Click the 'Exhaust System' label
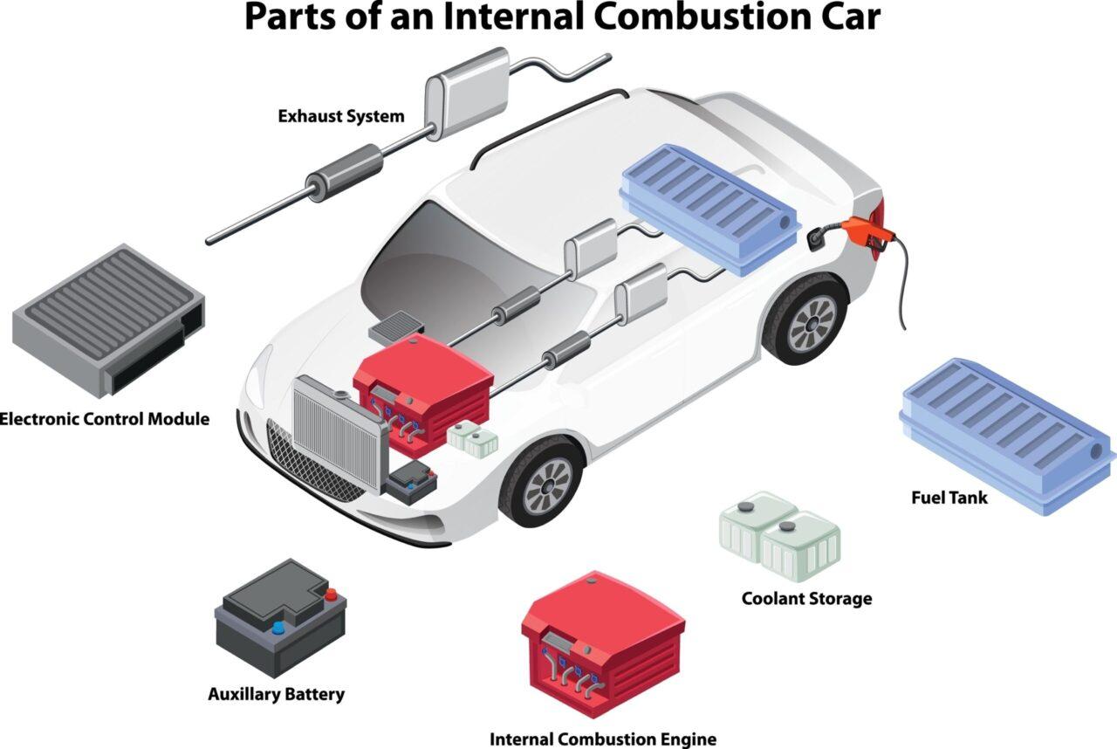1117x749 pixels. point(340,115)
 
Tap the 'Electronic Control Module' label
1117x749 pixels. point(105,419)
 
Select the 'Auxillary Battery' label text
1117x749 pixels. point(276,695)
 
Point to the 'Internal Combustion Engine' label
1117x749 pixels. point(603,739)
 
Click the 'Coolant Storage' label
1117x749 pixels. point(806,599)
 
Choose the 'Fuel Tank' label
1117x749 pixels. point(949,498)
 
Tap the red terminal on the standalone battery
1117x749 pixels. point(331,595)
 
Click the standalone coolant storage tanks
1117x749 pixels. point(779,534)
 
